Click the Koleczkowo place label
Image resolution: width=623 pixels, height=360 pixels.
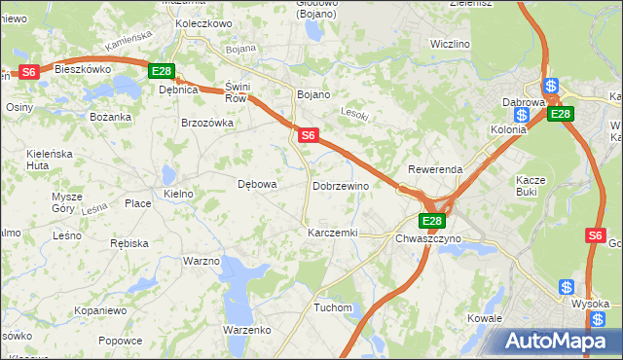coord(202,22)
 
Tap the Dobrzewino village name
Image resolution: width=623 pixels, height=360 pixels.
coord(341,185)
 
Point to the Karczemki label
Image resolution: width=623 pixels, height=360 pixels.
coord(333,234)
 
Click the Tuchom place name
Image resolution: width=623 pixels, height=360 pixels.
coord(332,307)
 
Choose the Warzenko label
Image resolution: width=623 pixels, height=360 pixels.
coord(246,330)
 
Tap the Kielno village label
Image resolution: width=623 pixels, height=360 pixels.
coord(178,194)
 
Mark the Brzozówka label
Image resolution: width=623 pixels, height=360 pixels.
coord(208,123)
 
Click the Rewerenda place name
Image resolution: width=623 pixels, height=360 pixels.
coord(435,169)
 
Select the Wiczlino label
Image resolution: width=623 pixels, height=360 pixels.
coord(451,44)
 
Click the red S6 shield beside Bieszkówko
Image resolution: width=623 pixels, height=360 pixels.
coord(29,71)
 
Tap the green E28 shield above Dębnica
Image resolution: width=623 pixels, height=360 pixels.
coord(162,71)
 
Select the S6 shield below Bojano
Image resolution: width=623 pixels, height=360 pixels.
coord(308,136)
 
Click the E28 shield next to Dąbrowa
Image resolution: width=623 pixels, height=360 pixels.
coord(560,114)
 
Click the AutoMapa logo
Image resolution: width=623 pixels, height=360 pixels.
coord(560,341)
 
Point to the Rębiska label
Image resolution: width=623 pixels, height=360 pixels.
coord(128,242)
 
